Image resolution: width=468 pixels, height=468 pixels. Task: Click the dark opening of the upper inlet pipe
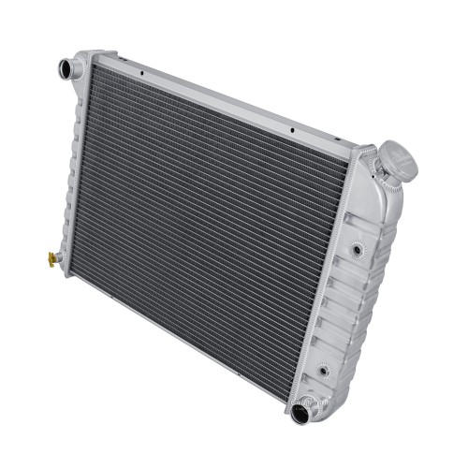66,67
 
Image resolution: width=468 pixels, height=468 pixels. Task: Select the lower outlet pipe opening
300,414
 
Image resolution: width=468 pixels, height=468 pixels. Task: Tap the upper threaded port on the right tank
358,251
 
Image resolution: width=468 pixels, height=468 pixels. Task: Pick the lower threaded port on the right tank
324,371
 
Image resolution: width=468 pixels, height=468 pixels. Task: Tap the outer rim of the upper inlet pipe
58,68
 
